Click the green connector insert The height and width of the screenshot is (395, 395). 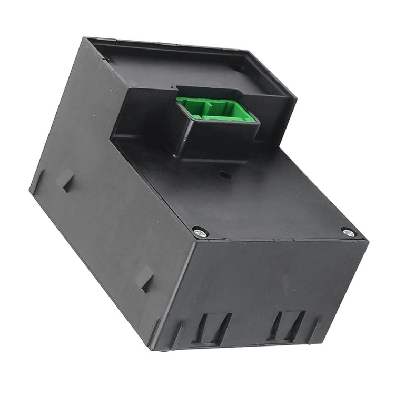point(216,110)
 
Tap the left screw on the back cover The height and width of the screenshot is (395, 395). point(200,231)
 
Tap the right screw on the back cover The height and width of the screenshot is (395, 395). point(348,232)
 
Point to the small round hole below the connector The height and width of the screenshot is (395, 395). point(224,175)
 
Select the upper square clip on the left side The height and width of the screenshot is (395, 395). point(67,182)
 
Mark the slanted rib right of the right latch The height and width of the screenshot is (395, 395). point(314,329)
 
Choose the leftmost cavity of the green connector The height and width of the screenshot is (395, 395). point(190,108)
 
